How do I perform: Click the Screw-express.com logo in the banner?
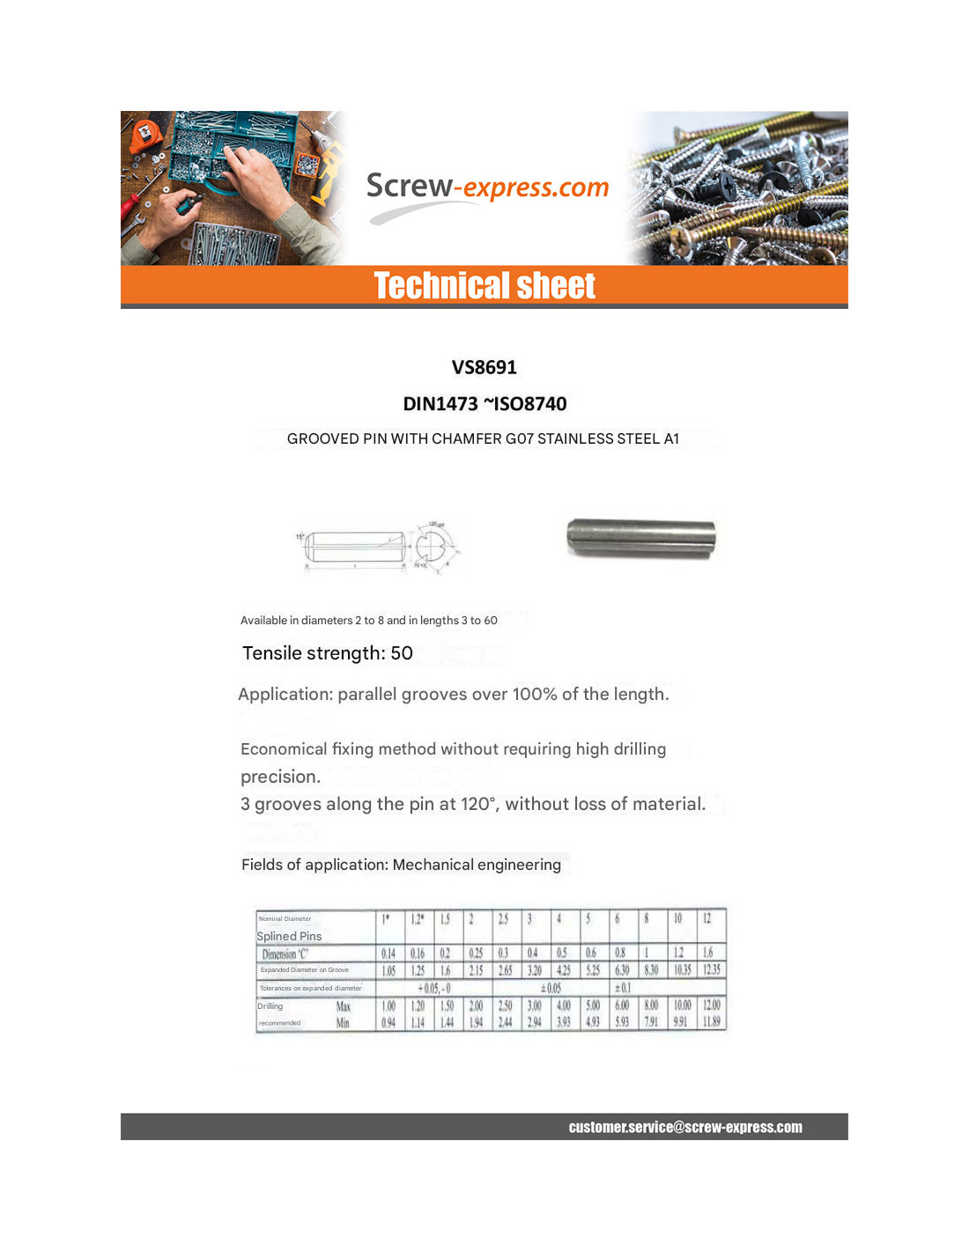pyautogui.click(x=487, y=188)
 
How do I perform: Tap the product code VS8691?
pyautogui.click(x=484, y=367)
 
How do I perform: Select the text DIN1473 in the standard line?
pyautogui.click(x=440, y=404)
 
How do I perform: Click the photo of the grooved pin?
pyautogui.click(x=640, y=538)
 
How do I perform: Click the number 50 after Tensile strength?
pyautogui.click(x=402, y=653)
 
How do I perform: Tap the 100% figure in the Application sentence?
pyautogui.click(x=534, y=695)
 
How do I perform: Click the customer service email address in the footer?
pyautogui.click(x=684, y=1127)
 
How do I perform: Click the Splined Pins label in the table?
pyautogui.click(x=289, y=936)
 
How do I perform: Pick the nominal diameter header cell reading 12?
pyautogui.click(x=706, y=918)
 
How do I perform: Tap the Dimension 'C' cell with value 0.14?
pyautogui.click(x=388, y=954)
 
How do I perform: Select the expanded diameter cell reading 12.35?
pyautogui.click(x=711, y=970)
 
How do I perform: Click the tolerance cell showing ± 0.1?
pyautogui.click(x=622, y=988)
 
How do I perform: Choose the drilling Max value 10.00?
pyautogui.click(x=682, y=1005)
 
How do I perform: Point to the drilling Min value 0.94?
pyautogui.click(x=388, y=1022)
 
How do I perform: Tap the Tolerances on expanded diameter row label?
pyautogui.click(x=310, y=988)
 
